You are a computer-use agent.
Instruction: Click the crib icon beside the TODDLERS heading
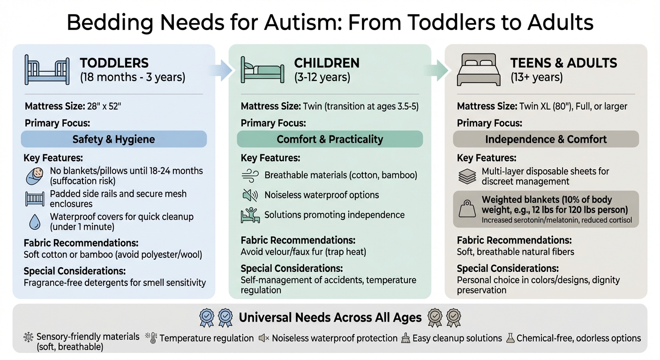point(46,70)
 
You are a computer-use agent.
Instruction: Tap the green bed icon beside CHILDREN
point(262,70)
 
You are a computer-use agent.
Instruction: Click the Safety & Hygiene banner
point(113,139)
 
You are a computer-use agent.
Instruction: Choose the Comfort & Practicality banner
point(330,139)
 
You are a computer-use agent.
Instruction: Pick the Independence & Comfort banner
point(546,139)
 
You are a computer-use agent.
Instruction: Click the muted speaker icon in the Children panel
point(249,195)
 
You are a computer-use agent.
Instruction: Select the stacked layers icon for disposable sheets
point(466,176)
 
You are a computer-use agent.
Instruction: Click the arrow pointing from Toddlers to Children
point(222,71)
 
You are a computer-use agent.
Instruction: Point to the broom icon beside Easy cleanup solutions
point(405,338)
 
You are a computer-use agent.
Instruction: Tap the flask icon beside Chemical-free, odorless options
point(510,338)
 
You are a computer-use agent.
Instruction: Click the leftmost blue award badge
point(206,318)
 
